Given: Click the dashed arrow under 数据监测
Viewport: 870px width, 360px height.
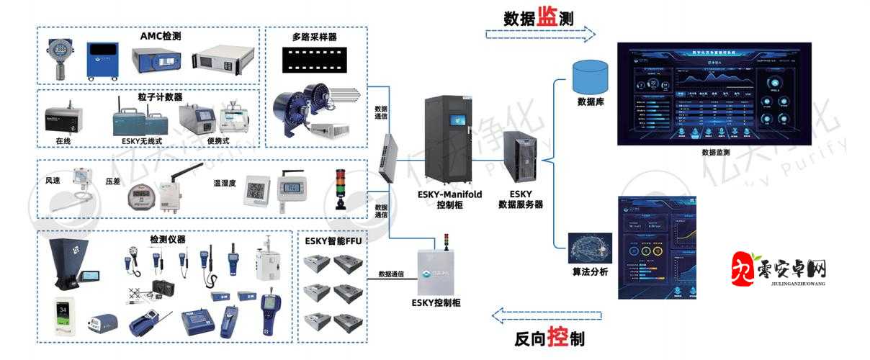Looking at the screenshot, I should [x=540, y=35].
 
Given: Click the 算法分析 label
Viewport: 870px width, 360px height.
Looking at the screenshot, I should [x=589, y=272].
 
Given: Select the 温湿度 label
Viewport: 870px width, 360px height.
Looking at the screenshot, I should [x=225, y=183].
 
